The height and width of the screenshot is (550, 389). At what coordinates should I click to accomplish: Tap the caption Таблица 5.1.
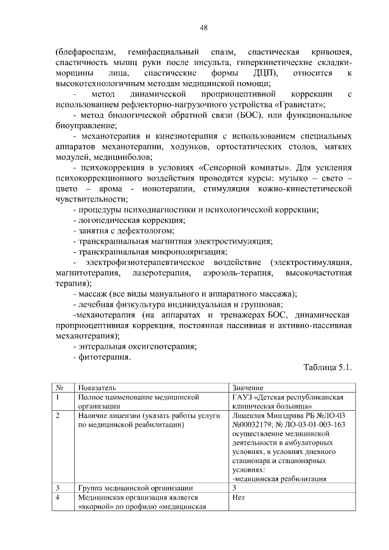point(327,367)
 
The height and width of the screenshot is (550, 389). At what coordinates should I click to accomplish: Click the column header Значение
point(247,387)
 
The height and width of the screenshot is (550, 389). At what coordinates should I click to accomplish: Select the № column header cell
point(60,387)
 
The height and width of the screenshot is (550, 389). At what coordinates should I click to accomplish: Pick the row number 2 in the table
point(57,416)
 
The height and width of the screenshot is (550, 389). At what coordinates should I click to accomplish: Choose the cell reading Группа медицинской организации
point(136,487)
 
